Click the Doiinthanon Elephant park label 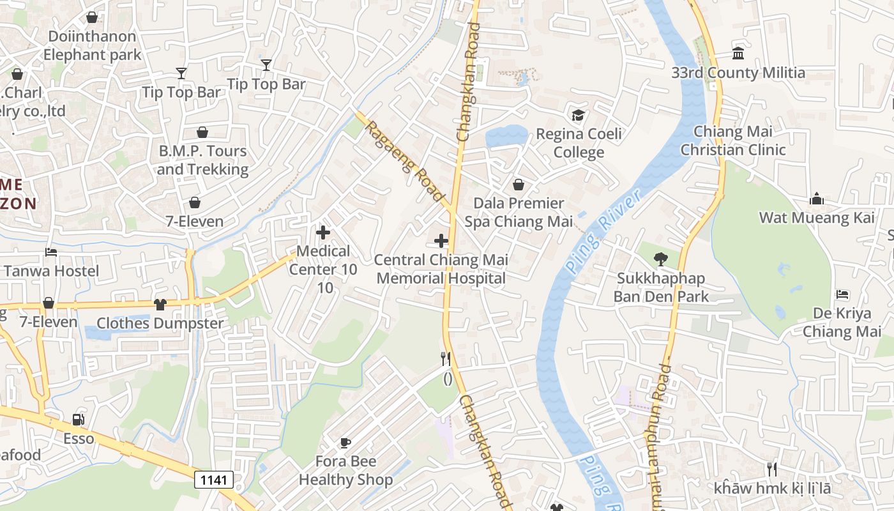[x=92, y=45]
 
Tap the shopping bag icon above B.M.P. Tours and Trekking [x=202, y=132]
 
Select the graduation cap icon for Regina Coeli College [x=578, y=115]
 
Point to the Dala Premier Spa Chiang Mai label [x=519, y=212]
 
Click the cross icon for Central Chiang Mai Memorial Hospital [x=441, y=241]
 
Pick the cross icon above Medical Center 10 [x=323, y=233]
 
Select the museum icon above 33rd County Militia [x=738, y=53]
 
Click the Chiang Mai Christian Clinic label [x=733, y=141]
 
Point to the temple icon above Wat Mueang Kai [x=816, y=199]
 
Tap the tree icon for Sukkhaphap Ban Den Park [x=660, y=259]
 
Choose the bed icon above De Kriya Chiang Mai [x=842, y=294]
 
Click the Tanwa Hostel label [x=52, y=271]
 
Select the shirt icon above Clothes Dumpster [x=160, y=305]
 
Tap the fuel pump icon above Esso [x=78, y=420]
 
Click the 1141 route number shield [x=214, y=480]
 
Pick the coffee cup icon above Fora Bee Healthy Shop [x=345, y=443]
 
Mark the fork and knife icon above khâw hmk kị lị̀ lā [x=772, y=469]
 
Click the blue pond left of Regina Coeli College [x=506, y=136]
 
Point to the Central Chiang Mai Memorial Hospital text [x=441, y=269]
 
